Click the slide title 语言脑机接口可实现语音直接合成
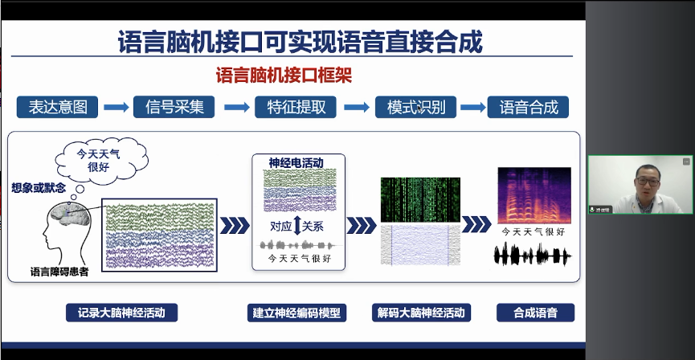click(300, 41)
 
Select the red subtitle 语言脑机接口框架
click(284, 76)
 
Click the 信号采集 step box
click(175, 107)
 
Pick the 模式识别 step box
click(415, 107)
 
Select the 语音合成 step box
click(528, 107)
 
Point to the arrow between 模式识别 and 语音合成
click(472, 108)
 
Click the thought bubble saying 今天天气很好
click(98, 160)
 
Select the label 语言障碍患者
click(59, 272)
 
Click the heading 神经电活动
click(296, 163)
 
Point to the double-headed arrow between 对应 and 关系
click(296, 226)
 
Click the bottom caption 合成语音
click(535, 313)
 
